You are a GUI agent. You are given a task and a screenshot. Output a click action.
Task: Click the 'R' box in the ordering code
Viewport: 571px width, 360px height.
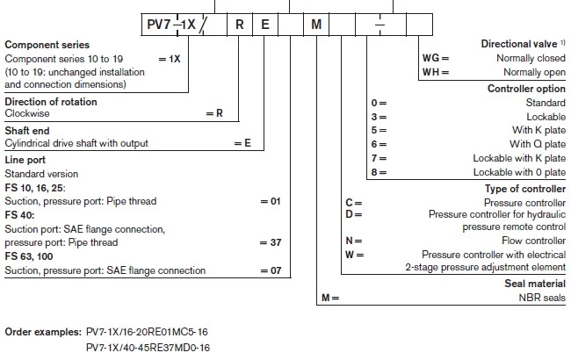[238, 25]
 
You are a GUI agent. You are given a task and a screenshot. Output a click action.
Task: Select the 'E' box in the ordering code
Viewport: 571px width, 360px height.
[264, 25]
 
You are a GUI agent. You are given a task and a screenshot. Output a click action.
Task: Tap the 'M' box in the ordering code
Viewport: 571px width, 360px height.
[316, 25]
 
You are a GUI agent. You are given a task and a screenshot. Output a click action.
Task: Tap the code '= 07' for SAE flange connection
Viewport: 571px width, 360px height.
[275, 270]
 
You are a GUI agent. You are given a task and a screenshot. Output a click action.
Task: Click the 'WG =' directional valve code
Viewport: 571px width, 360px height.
[436, 58]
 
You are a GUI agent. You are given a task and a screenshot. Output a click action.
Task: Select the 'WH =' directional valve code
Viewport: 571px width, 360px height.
[436, 72]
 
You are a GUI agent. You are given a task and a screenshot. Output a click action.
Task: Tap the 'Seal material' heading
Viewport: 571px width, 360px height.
[535, 284]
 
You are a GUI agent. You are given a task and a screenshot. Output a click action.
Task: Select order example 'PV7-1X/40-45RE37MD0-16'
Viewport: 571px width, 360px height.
[149, 348]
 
